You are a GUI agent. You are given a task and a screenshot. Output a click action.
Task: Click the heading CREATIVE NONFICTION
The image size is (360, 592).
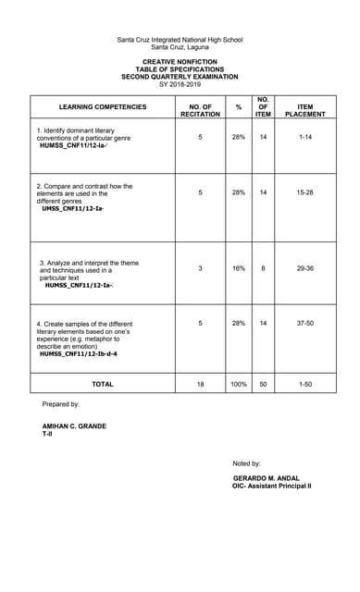[x=180, y=62]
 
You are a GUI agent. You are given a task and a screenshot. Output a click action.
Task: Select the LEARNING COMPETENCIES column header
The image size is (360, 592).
[x=103, y=107]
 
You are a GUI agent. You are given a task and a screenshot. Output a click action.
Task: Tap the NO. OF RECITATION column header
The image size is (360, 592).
[x=200, y=110]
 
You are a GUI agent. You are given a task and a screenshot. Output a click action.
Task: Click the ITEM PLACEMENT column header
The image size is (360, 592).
[x=305, y=110]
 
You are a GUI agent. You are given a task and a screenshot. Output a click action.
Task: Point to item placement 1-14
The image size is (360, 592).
[x=305, y=137]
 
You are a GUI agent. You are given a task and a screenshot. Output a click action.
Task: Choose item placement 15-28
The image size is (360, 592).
[x=305, y=192]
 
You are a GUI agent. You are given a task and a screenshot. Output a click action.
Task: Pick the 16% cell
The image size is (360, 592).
[x=239, y=268]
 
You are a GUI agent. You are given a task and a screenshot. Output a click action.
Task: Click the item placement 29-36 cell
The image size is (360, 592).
[x=305, y=268]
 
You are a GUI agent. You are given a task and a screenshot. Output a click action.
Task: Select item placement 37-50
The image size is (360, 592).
[x=305, y=323]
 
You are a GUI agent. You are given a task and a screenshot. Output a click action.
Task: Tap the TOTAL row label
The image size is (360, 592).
[x=103, y=383]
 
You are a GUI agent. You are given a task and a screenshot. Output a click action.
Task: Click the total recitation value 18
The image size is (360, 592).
[x=200, y=383]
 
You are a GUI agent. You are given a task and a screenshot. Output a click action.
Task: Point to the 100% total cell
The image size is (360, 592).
[x=239, y=383]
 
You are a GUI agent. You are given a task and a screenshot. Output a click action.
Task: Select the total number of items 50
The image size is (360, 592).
[x=263, y=383]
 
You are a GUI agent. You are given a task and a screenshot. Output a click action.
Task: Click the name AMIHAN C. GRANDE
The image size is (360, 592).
[x=74, y=426]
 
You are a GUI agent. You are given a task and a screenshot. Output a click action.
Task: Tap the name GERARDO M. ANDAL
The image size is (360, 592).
[x=267, y=477]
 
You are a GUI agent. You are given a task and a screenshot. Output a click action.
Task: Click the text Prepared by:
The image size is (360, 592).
[x=61, y=404]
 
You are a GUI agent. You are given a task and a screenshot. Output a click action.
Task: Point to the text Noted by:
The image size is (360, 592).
[x=247, y=462]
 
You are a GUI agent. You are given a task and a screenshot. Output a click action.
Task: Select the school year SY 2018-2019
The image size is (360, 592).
[x=180, y=84]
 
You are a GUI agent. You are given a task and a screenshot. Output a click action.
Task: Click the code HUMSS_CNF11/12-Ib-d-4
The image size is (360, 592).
[x=78, y=353]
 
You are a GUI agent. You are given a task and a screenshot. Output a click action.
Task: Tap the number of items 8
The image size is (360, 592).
[x=263, y=268]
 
